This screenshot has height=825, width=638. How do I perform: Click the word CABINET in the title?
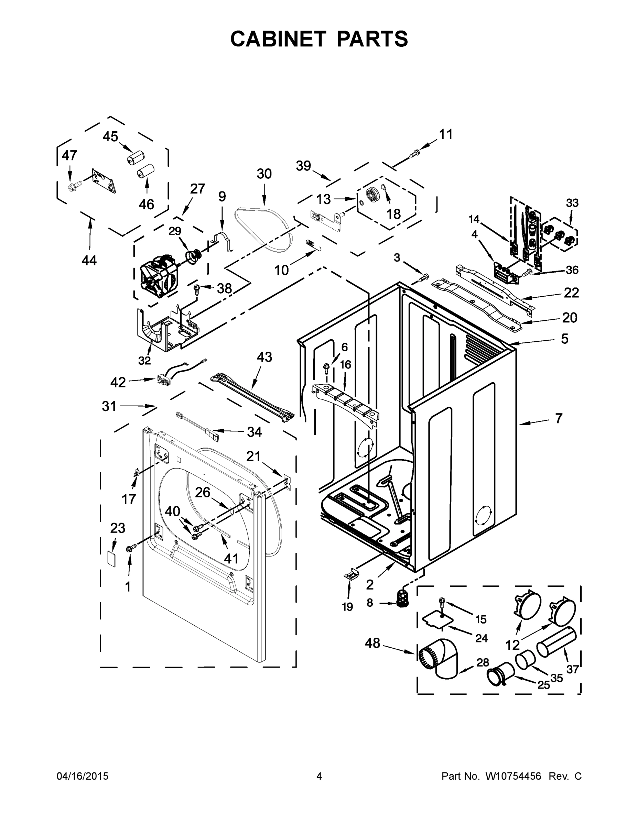(278, 39)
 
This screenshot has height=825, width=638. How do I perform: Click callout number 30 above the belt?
(264, 174)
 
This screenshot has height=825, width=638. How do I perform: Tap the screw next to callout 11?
(415, 153)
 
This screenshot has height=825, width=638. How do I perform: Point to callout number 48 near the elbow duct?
(372, 642)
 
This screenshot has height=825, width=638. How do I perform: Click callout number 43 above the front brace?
(264, 357)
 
